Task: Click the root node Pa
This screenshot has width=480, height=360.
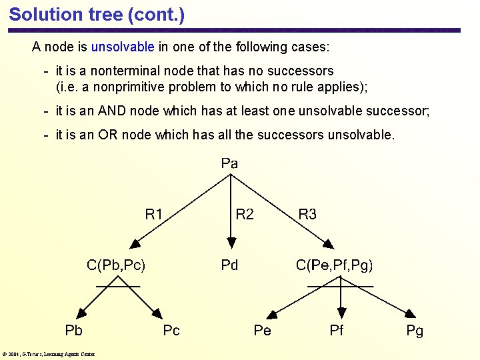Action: [229, 163]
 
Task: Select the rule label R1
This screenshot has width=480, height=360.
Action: [154, 214]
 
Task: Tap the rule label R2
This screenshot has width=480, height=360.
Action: [245, 214]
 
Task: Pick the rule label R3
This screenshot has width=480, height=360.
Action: [307, 214]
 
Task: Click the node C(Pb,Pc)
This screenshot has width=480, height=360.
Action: [116, 265]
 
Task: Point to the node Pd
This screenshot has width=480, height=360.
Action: [229, 265]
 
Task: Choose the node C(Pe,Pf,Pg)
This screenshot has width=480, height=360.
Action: [335, 265]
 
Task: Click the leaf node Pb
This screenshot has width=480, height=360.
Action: [73, 330]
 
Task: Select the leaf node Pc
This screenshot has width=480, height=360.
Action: [171, 330]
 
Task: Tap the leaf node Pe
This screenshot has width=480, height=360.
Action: [262, 330]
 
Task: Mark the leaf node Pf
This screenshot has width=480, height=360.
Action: [337, 330]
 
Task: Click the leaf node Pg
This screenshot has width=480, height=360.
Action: [415, 330]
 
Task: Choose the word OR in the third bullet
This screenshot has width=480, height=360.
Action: [108, 135]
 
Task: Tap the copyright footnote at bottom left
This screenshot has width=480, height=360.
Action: [48, 354]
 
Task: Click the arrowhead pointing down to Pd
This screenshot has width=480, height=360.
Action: [229, 243]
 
